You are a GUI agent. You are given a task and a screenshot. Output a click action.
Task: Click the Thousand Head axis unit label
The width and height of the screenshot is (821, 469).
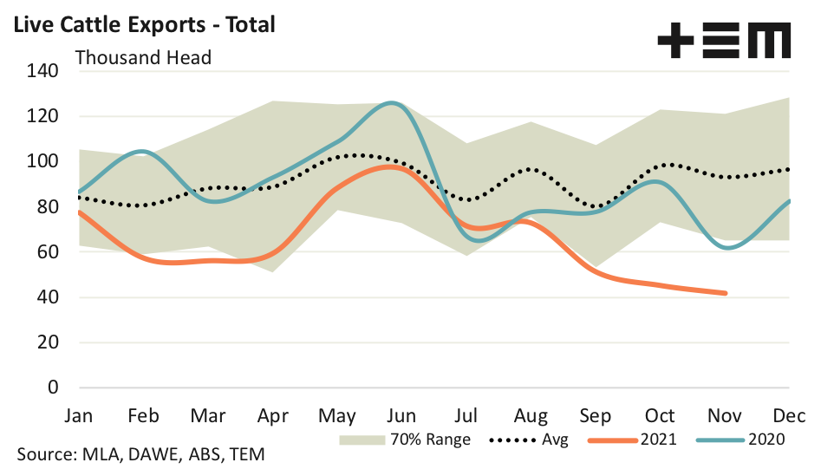click(x=144, y=58)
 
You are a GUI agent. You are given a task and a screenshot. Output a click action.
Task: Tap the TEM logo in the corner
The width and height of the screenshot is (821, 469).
click(x=724, y=41)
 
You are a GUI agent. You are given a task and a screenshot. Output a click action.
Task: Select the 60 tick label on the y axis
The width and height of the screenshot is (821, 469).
click(x=47, y=252)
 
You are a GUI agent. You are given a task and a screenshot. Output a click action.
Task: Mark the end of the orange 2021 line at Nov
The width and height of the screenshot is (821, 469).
click(x=725, y=293)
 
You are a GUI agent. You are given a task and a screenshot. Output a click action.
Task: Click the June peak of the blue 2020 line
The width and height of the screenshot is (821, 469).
click(x=394, y=103)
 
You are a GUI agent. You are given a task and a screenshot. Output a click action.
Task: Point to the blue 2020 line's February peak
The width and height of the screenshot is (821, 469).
click(x=141, y=152)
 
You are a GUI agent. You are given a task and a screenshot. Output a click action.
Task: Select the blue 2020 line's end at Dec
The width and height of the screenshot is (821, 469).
click(x=789, y=201)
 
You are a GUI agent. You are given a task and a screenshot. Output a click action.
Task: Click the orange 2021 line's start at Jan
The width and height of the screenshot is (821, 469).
click(x=78, y=212)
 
